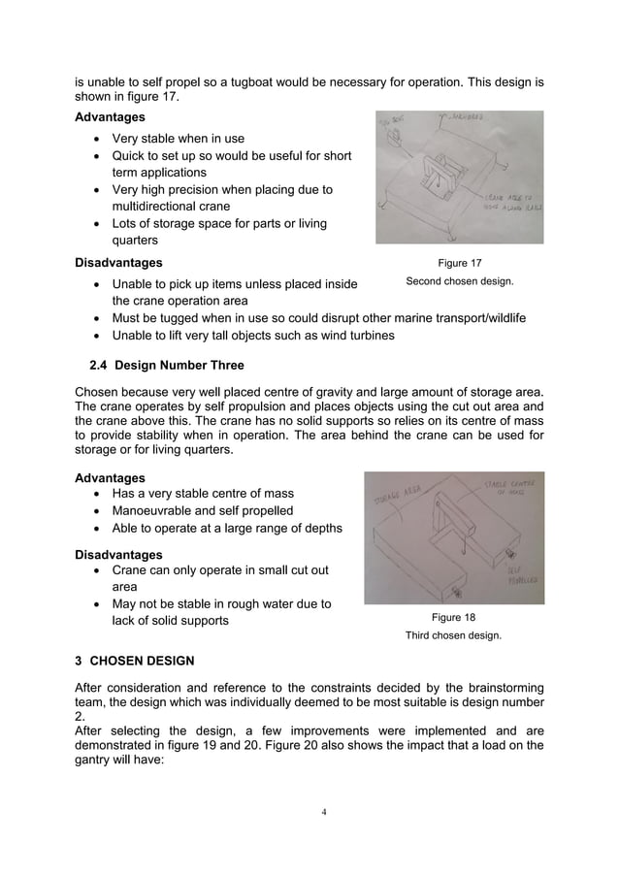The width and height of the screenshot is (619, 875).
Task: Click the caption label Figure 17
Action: pos(459,263)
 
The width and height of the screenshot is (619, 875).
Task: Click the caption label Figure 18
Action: pos(453,617)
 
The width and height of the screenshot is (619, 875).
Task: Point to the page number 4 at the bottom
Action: pos(309,812)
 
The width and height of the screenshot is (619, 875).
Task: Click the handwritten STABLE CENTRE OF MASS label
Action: pos(511,488)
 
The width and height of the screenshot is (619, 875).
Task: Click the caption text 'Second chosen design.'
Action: pos(459,281)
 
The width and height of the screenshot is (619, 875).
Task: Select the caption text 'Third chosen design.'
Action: pos(453,635)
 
